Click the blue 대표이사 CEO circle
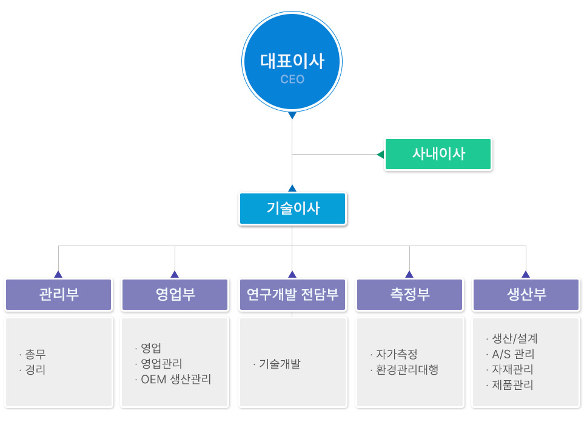[x=292, y=61]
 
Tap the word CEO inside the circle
[x=292, y=79]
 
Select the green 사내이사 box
[x=438, y=154]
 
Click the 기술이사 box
[x=292, y=209]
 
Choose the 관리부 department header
[x=58, y=294]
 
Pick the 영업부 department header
[x=175, y=294]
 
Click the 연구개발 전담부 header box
[x=292, y=294]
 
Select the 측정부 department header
[x=409, y=294]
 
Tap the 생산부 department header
[x=526, y=294]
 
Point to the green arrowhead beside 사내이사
[x=381, y=154]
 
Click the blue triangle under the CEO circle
[x=292, y=115]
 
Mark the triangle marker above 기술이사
[x=292, y=188]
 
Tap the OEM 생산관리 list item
[x=173, y=380]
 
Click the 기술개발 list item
[x=277, y=364]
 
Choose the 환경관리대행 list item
[x=404, y=370]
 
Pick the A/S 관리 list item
[x=510, y=354]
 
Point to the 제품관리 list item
[x=509, y=385]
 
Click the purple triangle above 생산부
[x=526, y=274]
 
